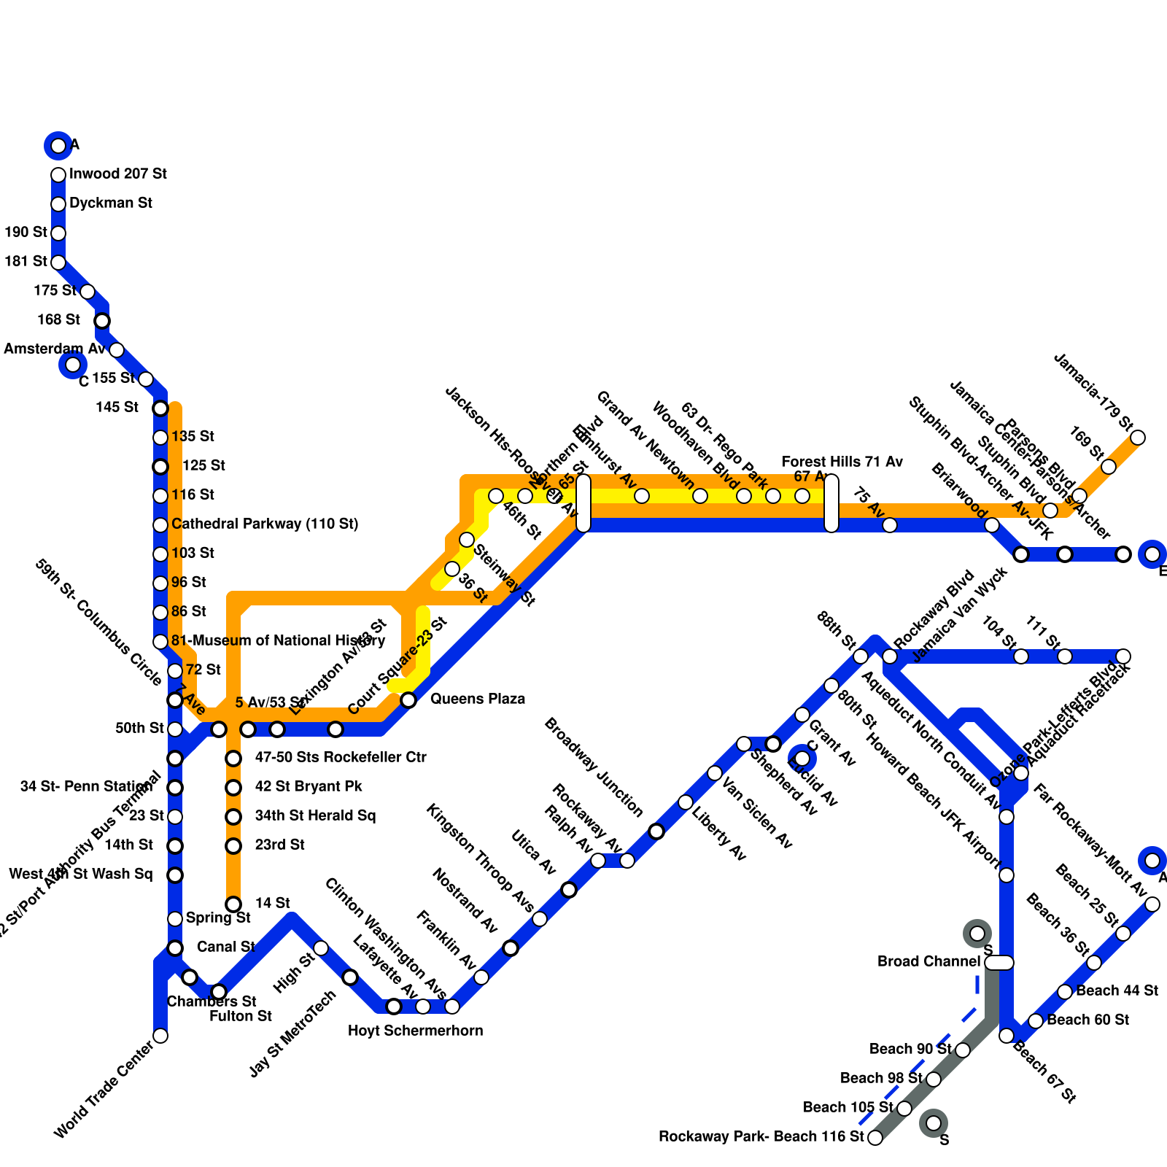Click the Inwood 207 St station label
(x=117, y=174)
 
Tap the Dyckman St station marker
(x=58, y=204)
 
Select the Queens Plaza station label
(x=477, y=699)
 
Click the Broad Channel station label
(x=928, y=962)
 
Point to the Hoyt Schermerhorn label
(x=415, y=1031)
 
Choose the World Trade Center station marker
(x=160, y=1036)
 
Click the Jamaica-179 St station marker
(x=1138, y=438)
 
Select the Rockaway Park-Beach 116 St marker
(x=875, y=1138)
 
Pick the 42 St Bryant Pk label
(x=309, y=787)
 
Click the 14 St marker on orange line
(x=233, y=904)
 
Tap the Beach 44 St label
(x=1117, y=991)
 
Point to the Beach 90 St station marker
(x=963, y=1050)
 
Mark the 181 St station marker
(x=58, y=263)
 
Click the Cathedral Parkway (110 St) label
(x=265, y=524)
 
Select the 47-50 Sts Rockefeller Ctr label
(x=341, y=758)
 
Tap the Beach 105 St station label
(x=848, y=1108)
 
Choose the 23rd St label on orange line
(x=279, y=845)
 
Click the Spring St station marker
(x=175, y=919)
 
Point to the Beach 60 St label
(x=1087, y=1020)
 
